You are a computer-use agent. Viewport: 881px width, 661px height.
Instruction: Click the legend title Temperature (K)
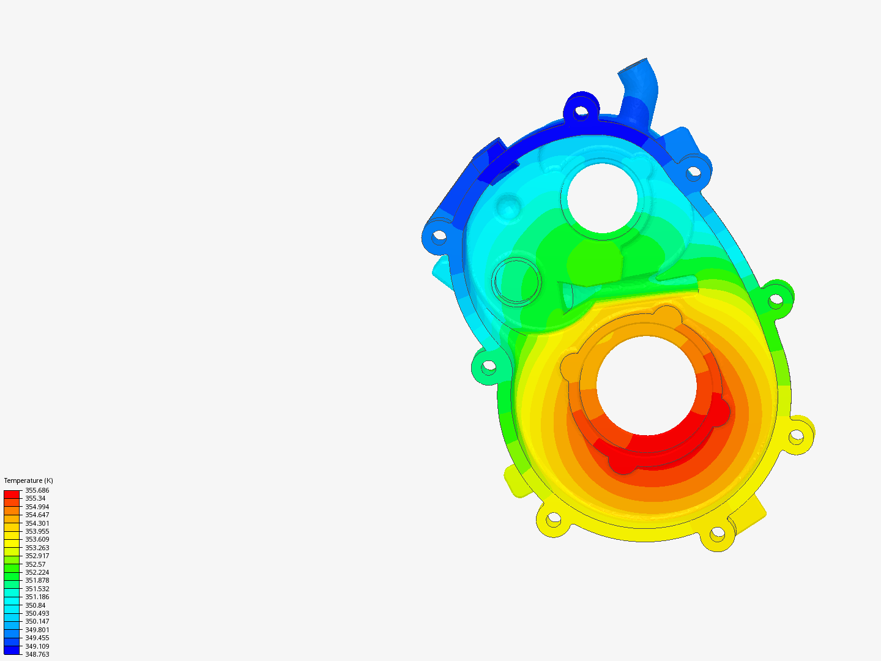pos(28,480)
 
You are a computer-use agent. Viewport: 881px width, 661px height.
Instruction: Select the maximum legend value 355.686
pos(37,490)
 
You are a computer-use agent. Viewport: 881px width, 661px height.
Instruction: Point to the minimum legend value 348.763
pos(37,654)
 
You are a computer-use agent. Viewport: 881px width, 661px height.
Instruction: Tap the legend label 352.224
pos(37,572)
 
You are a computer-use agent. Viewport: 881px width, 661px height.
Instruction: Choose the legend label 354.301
pos(37,523)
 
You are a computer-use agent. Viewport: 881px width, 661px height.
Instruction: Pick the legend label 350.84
pos(35,605)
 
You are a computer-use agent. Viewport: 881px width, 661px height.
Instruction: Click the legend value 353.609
pos(37,539)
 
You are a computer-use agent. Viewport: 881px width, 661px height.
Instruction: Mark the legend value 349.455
pos(37,638)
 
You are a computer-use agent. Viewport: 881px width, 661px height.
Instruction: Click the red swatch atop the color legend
pos(12,494)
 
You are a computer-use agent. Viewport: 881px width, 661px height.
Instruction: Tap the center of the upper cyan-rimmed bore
pos(603,198)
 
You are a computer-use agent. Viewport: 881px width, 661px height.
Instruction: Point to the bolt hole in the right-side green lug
pos(775,300)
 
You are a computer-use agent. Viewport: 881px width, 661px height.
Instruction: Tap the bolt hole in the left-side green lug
pos(488,367)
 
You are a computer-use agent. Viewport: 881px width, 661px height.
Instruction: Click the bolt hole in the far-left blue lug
pos(439,235)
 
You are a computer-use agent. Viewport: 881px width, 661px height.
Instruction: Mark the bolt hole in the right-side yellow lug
pos(795,436)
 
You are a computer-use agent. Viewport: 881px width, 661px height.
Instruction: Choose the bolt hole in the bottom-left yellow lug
pos(553,520)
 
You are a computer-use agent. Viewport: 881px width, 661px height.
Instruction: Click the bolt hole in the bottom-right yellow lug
pos(716,534)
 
